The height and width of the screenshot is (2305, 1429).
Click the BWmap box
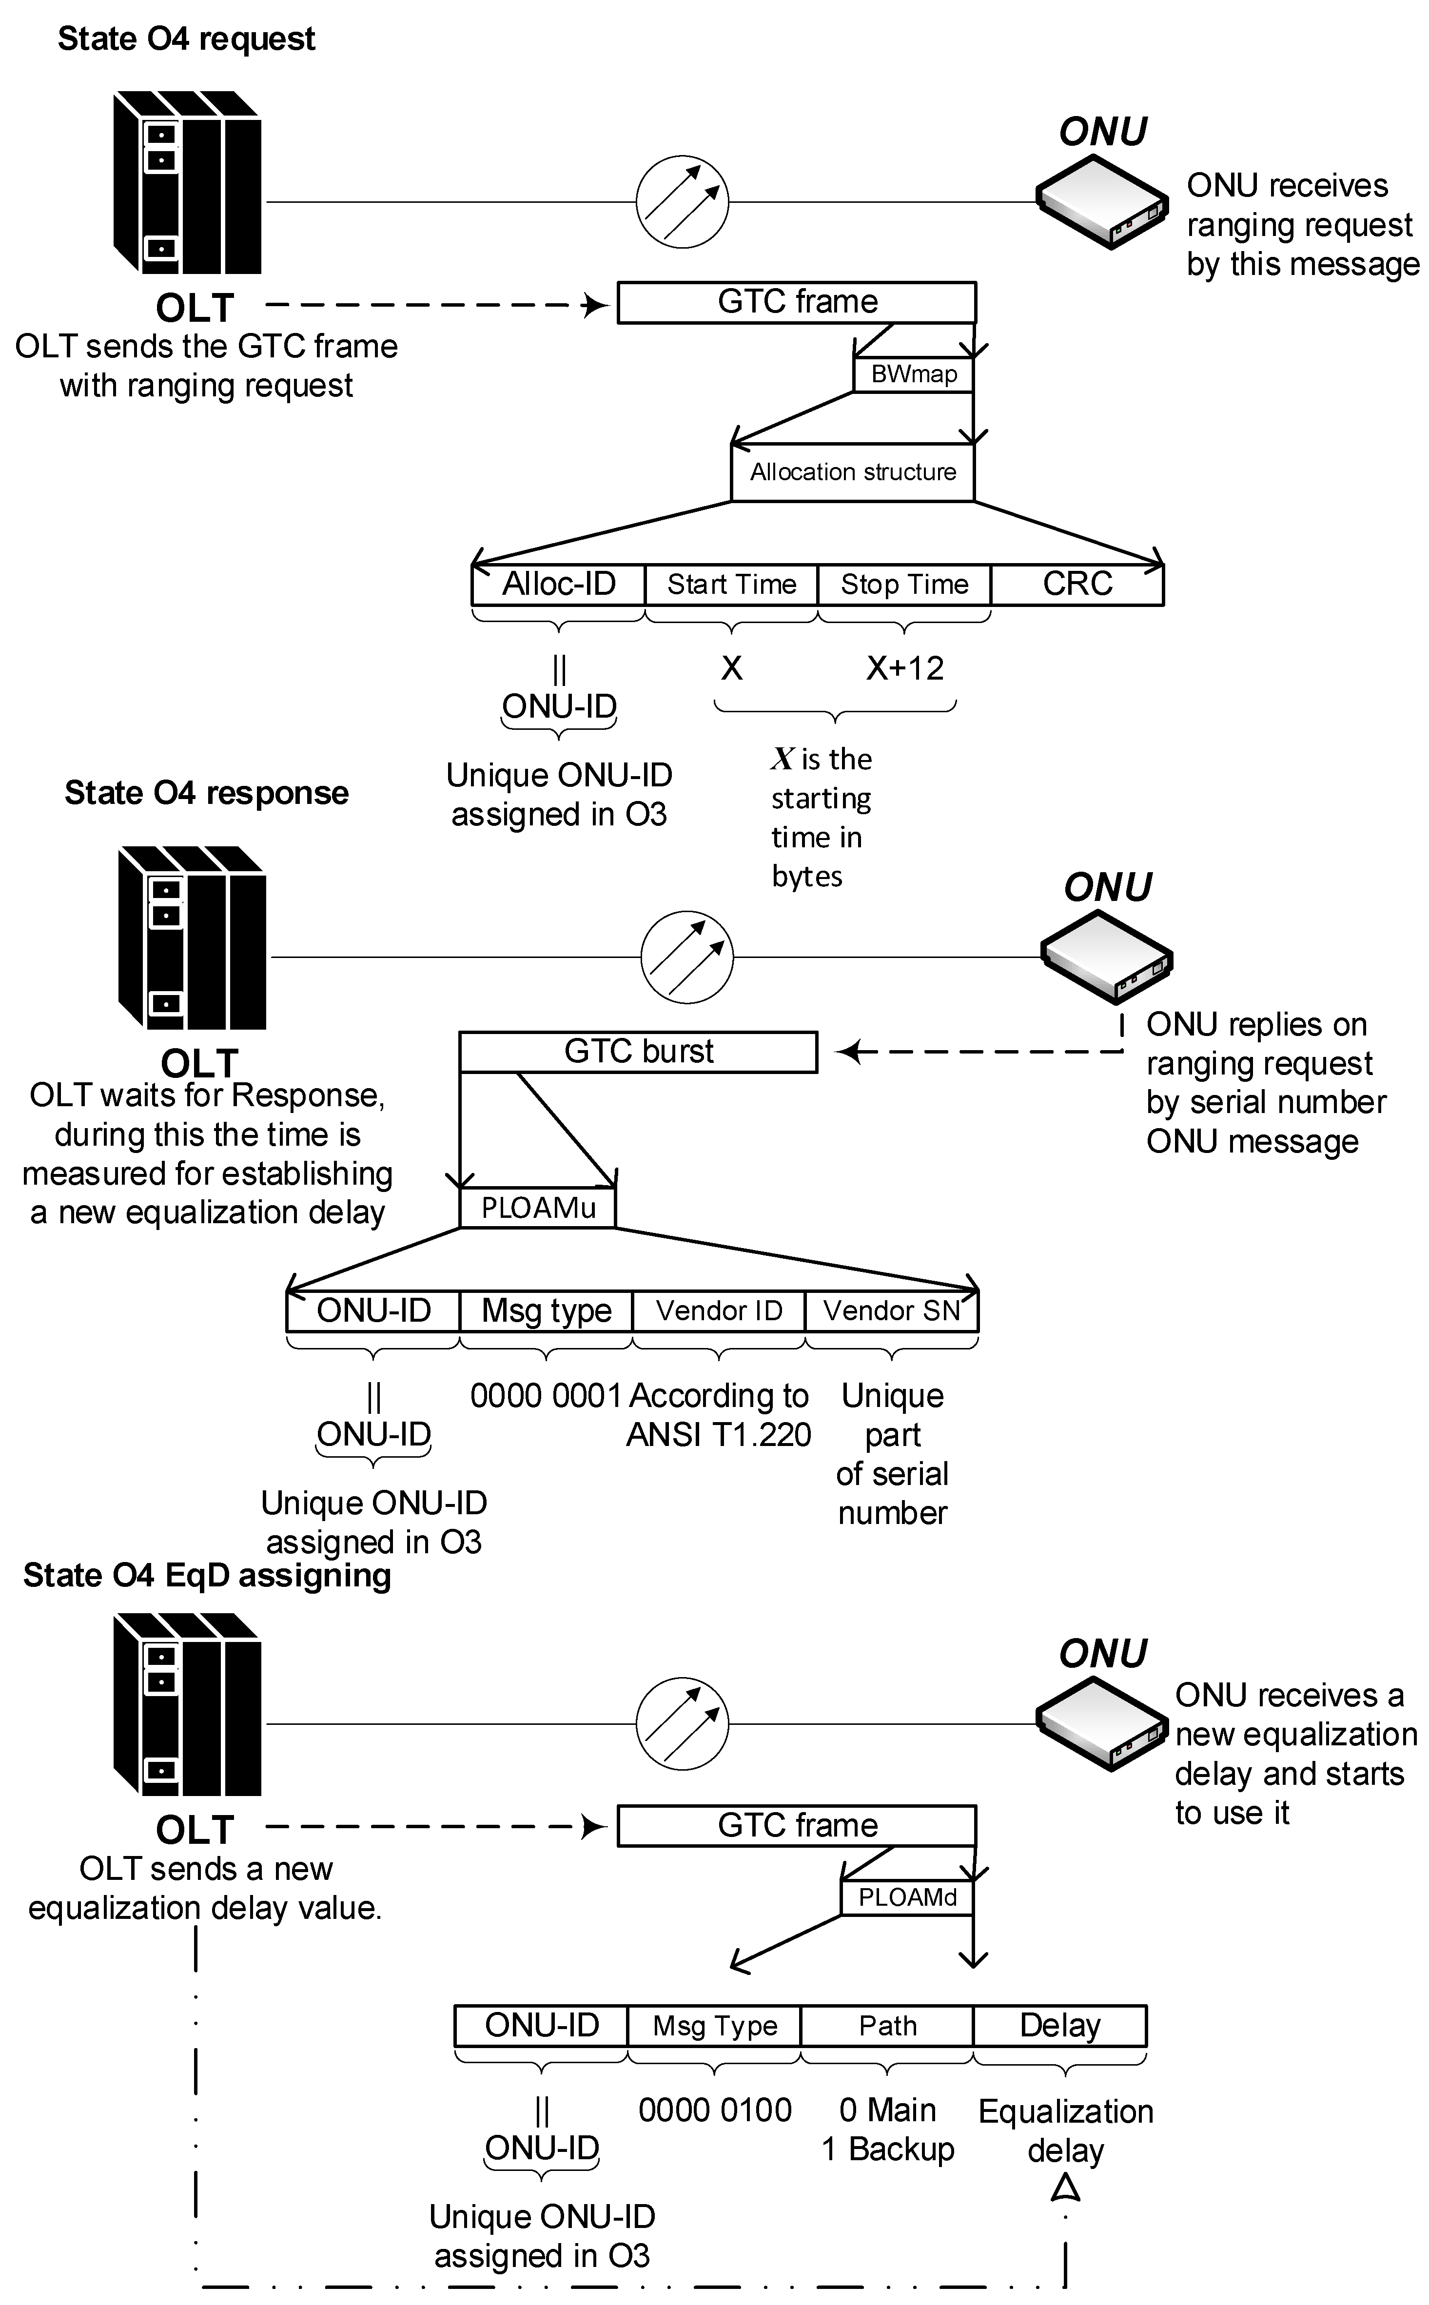click(913, 374)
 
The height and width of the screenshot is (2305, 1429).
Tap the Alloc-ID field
click(559, 584)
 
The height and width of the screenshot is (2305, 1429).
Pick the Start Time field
click(731, 584)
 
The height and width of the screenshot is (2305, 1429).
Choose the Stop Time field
click(904, 584)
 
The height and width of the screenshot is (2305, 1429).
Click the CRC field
click(1077, 584)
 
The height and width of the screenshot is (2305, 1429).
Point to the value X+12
click(904, 668)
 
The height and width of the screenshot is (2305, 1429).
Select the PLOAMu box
click(538, 1208)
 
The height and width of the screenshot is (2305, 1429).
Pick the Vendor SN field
click(891, 1311)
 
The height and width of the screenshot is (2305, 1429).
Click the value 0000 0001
click(546, 1395)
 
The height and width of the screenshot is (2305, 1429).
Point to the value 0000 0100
click(715, 2110)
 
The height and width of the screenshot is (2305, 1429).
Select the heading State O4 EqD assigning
click(207, 1575)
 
